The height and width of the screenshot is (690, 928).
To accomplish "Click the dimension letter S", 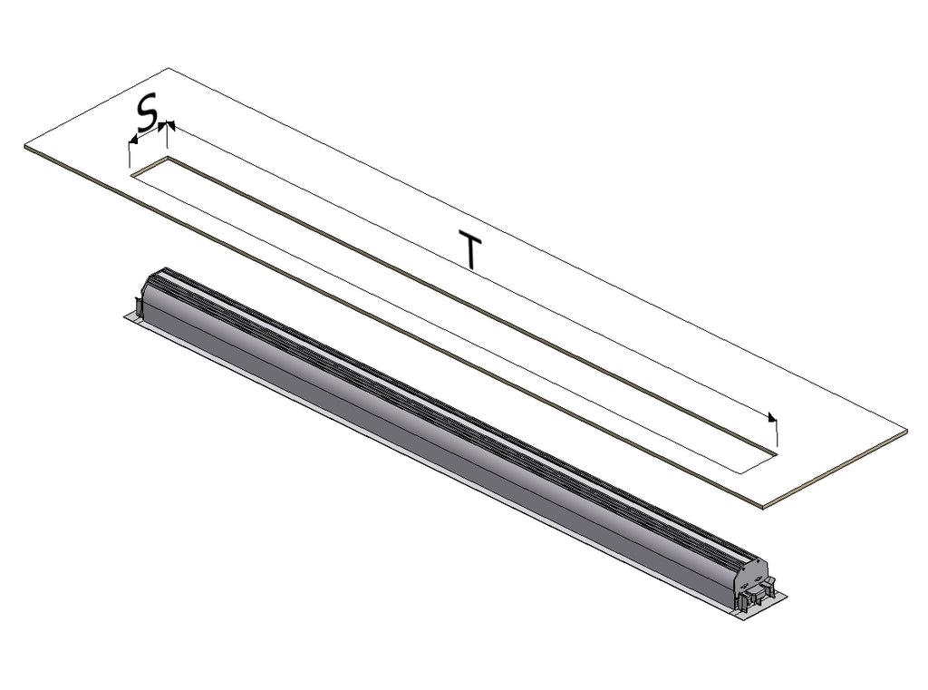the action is [148, 112].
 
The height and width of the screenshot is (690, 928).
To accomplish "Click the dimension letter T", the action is [470, 251].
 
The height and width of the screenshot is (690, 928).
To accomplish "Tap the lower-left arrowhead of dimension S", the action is [133, 140].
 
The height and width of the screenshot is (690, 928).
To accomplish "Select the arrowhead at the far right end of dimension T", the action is [772, 418].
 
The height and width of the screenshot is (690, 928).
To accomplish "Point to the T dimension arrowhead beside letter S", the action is [170, 124].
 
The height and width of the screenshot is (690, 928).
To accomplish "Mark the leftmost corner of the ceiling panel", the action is [24, 146].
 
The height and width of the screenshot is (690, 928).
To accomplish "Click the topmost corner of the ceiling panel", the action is [169, 68].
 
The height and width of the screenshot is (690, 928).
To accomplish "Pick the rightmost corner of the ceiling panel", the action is [907, 431].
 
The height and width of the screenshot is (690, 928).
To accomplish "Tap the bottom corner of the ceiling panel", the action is [763, 507].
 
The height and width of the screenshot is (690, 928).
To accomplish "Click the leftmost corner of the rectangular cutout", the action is [130, 174].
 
